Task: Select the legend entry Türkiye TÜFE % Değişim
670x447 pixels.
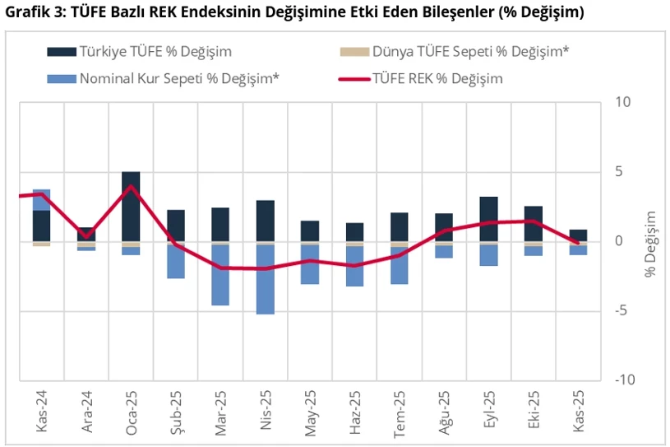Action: click(x=155, y=52)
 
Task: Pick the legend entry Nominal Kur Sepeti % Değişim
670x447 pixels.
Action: click(x=179, y=79)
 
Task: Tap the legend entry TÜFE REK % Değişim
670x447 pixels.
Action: click(x=437, y=79)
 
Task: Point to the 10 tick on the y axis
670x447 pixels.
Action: click(x=621, y=103)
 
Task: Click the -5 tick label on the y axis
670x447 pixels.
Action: click(x=621, y=311)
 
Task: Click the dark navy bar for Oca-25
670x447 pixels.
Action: click(x=131, y=206)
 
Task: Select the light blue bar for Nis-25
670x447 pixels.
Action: click(x=265, y=280)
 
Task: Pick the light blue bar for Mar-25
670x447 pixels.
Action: click(x=220, y=276)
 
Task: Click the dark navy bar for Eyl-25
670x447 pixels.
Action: click(x=488, y=219)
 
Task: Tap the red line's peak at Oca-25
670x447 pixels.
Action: click(x=131, y=186)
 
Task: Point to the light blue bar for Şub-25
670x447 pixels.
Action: click(x=175, y=263)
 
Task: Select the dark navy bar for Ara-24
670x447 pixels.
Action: click(x=86, y=234)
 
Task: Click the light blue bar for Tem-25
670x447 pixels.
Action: click(x=399, y=266)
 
